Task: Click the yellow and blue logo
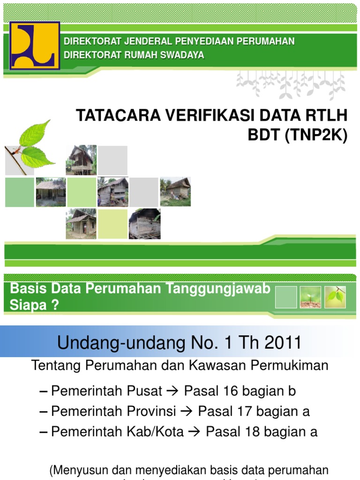pos(35,46)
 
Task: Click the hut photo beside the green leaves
pos(81,160)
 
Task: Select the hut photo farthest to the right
pos(175,192)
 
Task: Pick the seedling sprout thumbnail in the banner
pos(310,297)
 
